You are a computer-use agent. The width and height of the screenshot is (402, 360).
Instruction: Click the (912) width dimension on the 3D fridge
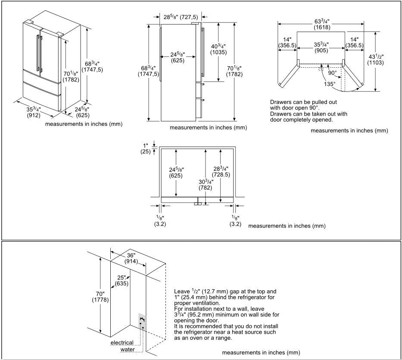click(x=34, y=115)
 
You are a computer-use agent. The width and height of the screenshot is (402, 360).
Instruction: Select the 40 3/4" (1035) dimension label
click(x=218, y=49)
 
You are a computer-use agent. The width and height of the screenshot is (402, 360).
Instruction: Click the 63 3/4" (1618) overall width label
click(x=321, y=24)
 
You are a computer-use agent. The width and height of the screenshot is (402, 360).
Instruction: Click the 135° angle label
click(x=329, y=85)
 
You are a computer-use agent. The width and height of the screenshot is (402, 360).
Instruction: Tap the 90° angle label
click(x=332, y=73)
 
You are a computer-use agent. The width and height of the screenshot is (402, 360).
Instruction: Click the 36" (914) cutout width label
click(x=131, y=258)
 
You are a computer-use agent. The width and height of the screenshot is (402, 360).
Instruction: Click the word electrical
click(x=122, y=343)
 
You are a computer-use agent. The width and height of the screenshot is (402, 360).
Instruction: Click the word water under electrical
click(x=128, y=349)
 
